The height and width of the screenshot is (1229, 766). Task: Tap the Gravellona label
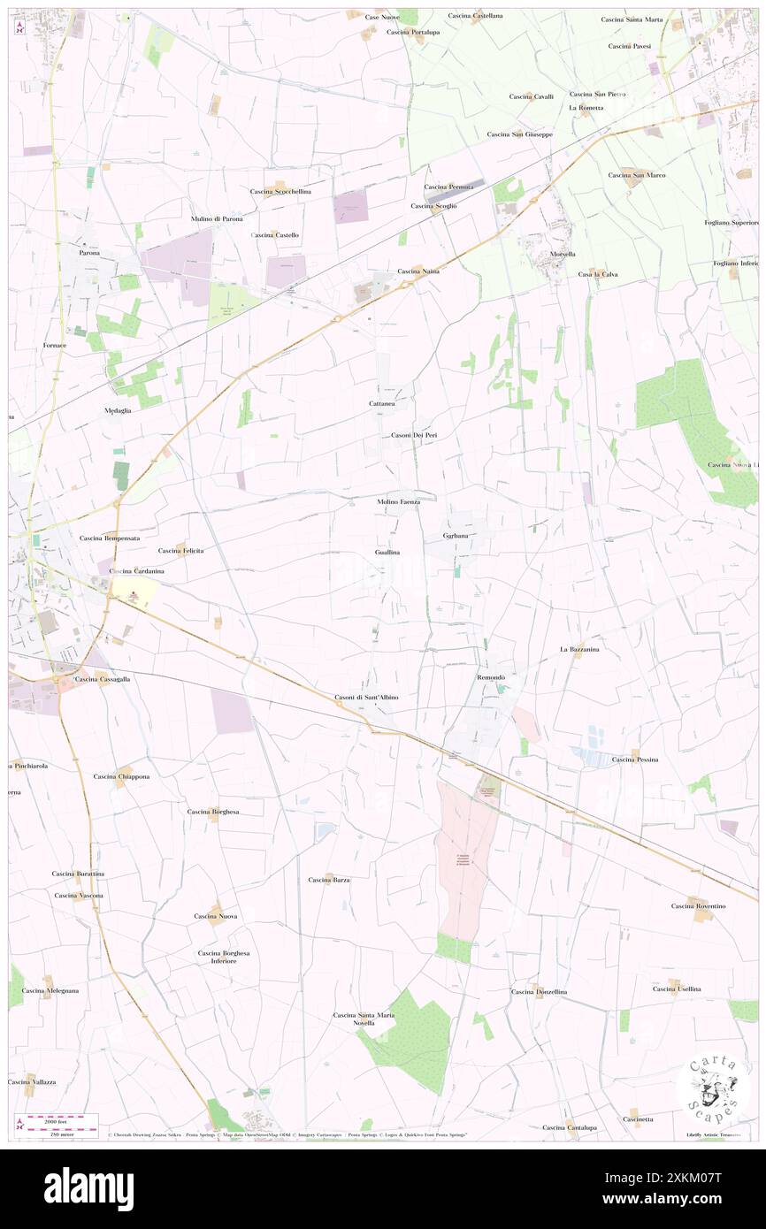click(456, 536)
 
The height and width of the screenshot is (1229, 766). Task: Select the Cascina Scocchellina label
click(280, 192)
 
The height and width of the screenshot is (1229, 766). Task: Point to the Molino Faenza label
click(398, 501)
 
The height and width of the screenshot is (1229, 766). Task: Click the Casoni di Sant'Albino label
click(366, 698)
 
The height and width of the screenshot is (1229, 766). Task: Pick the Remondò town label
click(491, 677)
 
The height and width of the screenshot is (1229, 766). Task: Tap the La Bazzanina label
click(579, 649)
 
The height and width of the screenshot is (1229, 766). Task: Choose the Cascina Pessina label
click(635, 760)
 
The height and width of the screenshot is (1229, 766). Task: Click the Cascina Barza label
click(329, 880)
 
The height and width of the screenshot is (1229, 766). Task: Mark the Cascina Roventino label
click(698, 906)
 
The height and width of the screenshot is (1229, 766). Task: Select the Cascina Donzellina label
click(539, 992)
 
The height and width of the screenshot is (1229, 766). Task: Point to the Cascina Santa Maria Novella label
click(364, 1019)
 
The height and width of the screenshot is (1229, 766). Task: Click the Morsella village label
click(563, 254)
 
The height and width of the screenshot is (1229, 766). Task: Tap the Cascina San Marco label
click(637, 175)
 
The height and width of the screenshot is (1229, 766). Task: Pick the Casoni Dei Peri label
click(415, 435)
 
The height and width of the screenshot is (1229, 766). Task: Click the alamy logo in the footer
click(88, 1188)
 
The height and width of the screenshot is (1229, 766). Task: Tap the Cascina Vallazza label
click(32, 1082)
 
